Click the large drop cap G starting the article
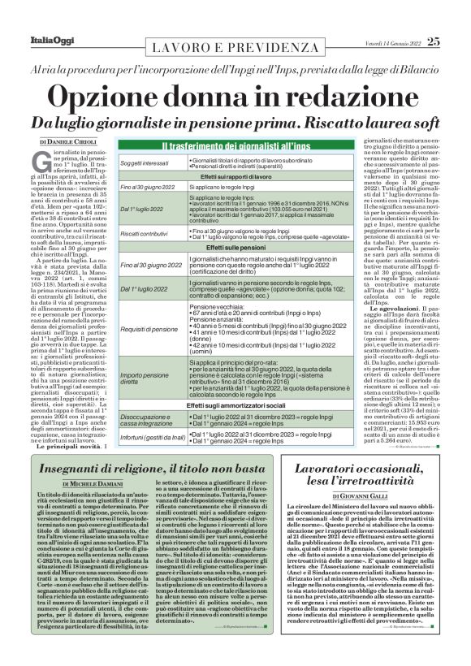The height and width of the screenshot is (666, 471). [46, 162]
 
